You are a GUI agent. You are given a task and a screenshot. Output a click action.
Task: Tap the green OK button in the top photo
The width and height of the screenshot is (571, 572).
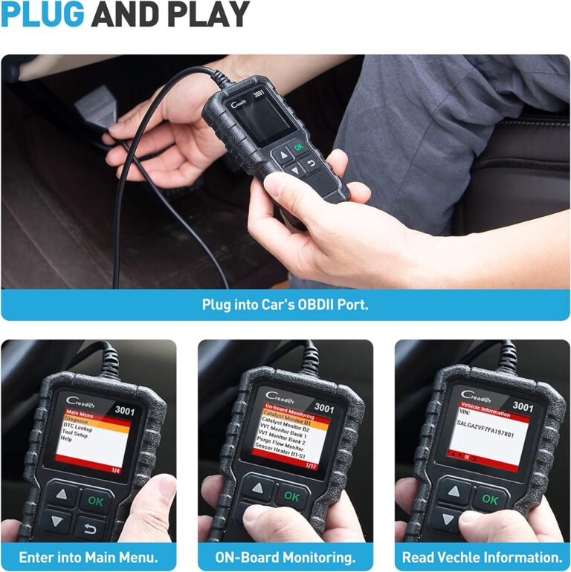point(299,148)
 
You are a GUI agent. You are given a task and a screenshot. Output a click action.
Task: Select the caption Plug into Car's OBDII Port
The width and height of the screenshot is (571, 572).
point(285,305)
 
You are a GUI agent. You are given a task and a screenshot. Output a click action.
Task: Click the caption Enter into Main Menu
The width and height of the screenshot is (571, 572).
point(88,557)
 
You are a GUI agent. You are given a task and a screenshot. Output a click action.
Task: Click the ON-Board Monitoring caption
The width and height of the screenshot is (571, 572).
point(285,557)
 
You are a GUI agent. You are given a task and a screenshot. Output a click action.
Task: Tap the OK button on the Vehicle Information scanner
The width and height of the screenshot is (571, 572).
point(489,500)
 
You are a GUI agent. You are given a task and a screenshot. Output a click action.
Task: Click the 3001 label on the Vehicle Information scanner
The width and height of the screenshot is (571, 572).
point(523,407)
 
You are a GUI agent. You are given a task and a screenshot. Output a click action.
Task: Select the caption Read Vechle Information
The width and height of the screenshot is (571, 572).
point(483,557)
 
